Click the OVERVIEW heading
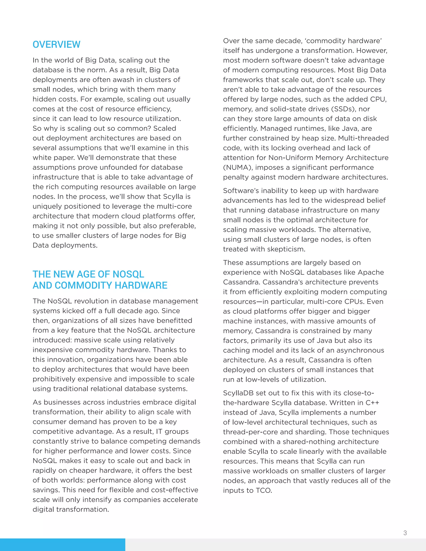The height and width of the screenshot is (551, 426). (56, 44)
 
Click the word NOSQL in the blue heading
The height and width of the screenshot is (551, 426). (128, 274)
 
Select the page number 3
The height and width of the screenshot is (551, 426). (405, 533)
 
